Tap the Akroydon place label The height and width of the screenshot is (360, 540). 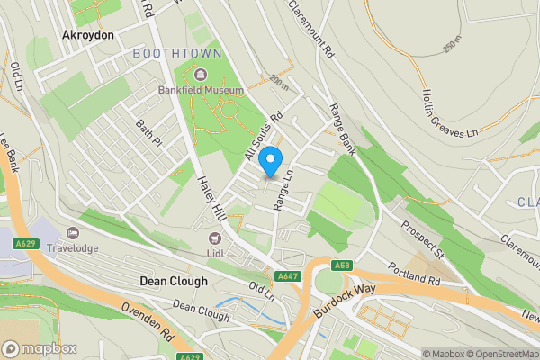coord(87,34)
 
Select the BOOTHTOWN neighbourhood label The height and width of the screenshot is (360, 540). coord(177,54)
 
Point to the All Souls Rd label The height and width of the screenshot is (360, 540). coord(264,135)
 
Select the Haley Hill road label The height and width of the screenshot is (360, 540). coord(210,194)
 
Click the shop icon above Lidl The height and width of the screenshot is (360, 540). coord(214,238)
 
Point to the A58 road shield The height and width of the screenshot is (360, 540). coord(341,265)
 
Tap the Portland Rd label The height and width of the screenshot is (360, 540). coord(414,274)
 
